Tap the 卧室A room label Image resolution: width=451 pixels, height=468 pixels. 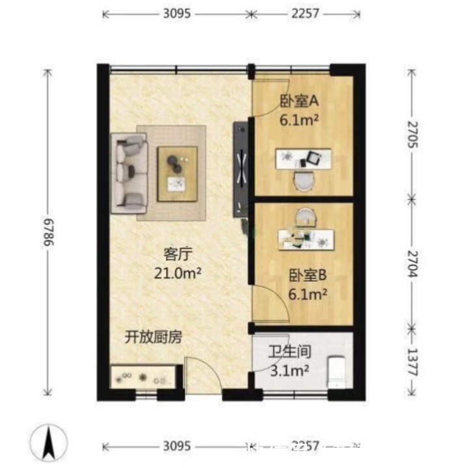pyautogui.click(x=299, y=101)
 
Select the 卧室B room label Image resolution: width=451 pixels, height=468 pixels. pyautogui.click(x=307, y=275)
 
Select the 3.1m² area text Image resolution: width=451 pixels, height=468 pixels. pyautogui.click(x=289, y=371)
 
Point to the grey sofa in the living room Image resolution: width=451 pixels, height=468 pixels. pyautogui.click(x=128, y=172)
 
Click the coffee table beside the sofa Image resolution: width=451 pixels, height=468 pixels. pyautogui.click(x=177, y=173)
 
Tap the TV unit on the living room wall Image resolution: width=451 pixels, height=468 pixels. pyautogui.click(x=241, y=169)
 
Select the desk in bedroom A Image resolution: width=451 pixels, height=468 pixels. pyautogui.click(x=303, y=158)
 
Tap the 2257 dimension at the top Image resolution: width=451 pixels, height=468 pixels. pyautogui.click(x=307, y=13)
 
